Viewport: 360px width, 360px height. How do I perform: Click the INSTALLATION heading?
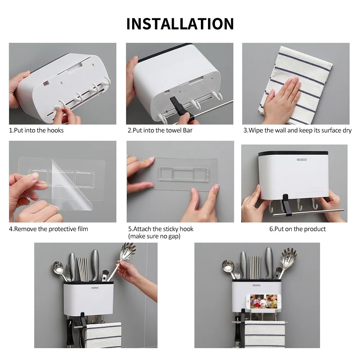(180, 24)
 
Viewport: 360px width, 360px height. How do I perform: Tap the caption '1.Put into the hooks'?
(36, 130)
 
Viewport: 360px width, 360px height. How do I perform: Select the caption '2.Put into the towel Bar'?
(160, 130)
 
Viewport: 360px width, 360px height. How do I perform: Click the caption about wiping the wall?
(297, 130)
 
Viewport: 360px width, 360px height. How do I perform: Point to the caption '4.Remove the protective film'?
(49, 229)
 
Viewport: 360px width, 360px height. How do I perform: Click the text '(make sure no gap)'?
(154, 236)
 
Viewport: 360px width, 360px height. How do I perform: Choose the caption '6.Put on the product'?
(297, 229)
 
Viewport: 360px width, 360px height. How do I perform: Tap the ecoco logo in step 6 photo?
(301, 159)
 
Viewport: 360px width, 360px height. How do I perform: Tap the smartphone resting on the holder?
(264, 301)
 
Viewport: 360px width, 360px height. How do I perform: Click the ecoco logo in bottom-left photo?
(95, 288)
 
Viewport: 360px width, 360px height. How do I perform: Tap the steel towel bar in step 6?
(309, 212)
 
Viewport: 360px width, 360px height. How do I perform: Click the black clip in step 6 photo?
(286, 205)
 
